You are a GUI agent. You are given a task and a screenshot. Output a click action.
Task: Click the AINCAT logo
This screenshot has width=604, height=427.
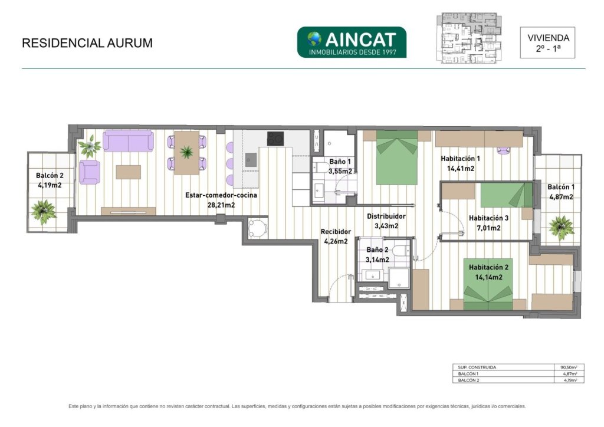352,42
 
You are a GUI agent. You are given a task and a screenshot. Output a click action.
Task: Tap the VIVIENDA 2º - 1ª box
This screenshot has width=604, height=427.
547,42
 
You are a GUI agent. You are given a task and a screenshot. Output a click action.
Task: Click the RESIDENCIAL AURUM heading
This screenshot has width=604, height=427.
87,42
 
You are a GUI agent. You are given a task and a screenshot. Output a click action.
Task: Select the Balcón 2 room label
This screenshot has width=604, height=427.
50,176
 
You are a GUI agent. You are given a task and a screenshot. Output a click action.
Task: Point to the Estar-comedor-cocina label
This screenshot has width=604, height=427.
221,195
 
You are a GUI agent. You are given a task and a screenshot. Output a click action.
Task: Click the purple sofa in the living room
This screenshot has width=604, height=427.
128,140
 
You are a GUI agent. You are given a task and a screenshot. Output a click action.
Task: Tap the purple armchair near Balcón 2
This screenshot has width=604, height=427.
90,172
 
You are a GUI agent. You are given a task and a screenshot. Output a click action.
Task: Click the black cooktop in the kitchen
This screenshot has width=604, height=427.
275,139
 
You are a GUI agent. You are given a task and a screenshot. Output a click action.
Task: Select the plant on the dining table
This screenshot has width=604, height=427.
187,152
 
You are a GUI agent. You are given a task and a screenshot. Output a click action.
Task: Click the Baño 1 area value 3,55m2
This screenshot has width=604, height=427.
340,172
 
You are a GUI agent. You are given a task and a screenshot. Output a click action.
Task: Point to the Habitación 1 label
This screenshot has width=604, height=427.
460,158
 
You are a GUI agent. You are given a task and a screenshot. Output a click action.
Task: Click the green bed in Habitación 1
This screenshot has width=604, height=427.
397,157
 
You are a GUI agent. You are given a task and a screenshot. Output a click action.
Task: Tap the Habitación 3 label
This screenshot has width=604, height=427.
488,218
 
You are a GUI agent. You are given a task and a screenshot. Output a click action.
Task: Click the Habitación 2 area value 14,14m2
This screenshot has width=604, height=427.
488,277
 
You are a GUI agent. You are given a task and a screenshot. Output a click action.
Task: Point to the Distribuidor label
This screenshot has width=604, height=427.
386,216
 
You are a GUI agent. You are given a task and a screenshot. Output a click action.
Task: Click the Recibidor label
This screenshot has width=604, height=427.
336,232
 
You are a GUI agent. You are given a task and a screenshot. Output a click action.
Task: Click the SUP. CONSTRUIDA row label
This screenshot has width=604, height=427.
477,367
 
